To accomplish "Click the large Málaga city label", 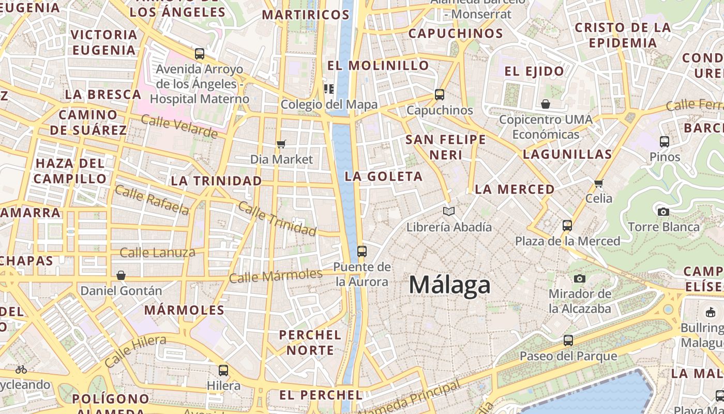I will (449, 285).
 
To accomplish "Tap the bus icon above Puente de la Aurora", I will (361, 252).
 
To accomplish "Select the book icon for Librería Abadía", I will (449, 211).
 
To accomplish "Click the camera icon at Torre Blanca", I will (663, 212).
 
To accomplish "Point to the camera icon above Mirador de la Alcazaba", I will (580, 279).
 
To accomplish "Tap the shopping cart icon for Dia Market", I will (281, 144).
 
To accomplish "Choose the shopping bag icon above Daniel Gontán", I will (121, 275).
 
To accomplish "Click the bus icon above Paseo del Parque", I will (568, 341).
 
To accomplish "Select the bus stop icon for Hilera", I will (223, 371).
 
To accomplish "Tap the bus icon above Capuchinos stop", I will (440, 95).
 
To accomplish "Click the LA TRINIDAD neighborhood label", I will (216, 181).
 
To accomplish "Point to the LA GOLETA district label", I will (384, 176).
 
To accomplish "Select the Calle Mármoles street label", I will (276, 275).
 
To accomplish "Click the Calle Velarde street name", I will (179, 127).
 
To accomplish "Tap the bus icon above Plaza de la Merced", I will (567, 226).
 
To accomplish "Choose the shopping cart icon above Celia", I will (599, 183).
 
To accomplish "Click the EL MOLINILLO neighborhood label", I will (378, 66).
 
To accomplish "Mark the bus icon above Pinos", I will (665, 141).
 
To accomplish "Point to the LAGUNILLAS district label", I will (567, 154).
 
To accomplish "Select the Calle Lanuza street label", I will (157, 253).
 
